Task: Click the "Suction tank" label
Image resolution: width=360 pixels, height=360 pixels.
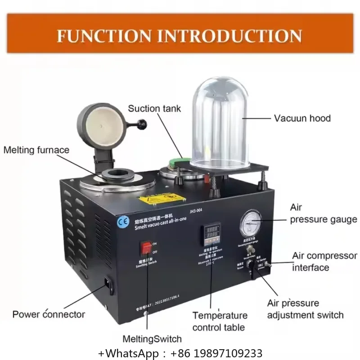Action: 154,108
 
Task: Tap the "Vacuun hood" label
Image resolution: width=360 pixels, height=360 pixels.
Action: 302,118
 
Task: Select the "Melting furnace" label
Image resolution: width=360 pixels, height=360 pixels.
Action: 36,150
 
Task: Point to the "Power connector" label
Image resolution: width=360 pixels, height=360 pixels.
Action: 49,314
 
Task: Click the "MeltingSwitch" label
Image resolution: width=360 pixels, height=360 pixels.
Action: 152,339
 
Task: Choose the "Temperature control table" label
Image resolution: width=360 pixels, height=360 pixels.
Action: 220,321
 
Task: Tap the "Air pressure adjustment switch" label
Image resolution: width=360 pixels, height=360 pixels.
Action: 305,309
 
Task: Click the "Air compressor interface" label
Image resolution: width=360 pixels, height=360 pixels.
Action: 324,261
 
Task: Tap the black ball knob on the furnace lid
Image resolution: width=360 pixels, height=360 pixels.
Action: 143,123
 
